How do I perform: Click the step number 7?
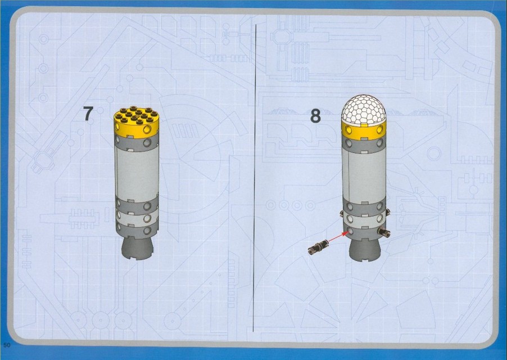88,114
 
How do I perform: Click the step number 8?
315,116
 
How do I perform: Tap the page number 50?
7,345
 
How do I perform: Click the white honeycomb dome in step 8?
364,110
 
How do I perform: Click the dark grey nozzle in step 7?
137,247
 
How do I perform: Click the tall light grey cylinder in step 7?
137,173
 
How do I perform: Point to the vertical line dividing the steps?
255,177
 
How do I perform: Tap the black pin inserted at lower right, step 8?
384,231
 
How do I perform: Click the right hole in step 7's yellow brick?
147,129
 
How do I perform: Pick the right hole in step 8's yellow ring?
380,130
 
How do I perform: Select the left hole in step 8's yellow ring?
348,130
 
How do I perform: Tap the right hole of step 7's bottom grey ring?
147,230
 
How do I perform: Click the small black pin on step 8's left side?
341,213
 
